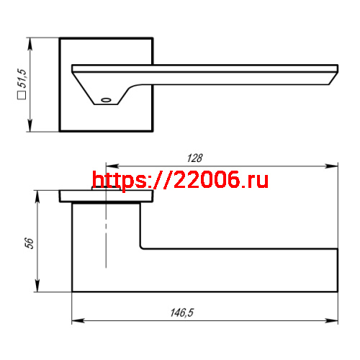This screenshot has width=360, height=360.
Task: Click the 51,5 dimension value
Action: [x=22, y=78]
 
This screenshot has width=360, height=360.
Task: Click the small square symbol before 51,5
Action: [x=22, y=95]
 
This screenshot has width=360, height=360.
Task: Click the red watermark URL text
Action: [x=181, y=180]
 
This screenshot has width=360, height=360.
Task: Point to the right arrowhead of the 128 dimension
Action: [x=334, y=166]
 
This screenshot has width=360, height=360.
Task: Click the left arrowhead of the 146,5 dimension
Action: [x=75, y=321]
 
